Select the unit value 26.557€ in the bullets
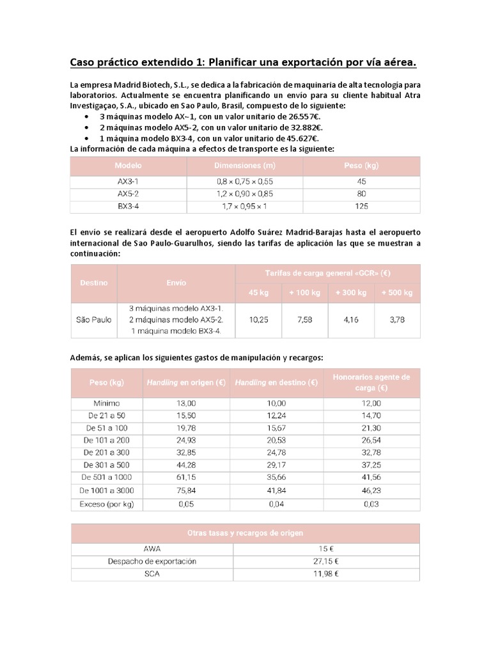click(302, 116)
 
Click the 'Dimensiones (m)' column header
click(244, 166)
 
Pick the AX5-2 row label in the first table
click(128, 194)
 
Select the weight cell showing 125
click(361, 207)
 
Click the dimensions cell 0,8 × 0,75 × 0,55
click(244, 182)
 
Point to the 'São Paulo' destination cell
click(93, 320)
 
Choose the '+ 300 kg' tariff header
click(351, 293)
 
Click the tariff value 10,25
click(258, 320)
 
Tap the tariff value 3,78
click(396, 320)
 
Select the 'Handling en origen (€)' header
click(187, 383)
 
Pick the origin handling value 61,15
click(187, 477)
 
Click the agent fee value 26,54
click(371, 440)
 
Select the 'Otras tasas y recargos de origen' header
click(244, 533)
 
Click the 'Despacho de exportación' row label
click(152, 561)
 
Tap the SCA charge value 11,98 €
click(326, 574)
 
